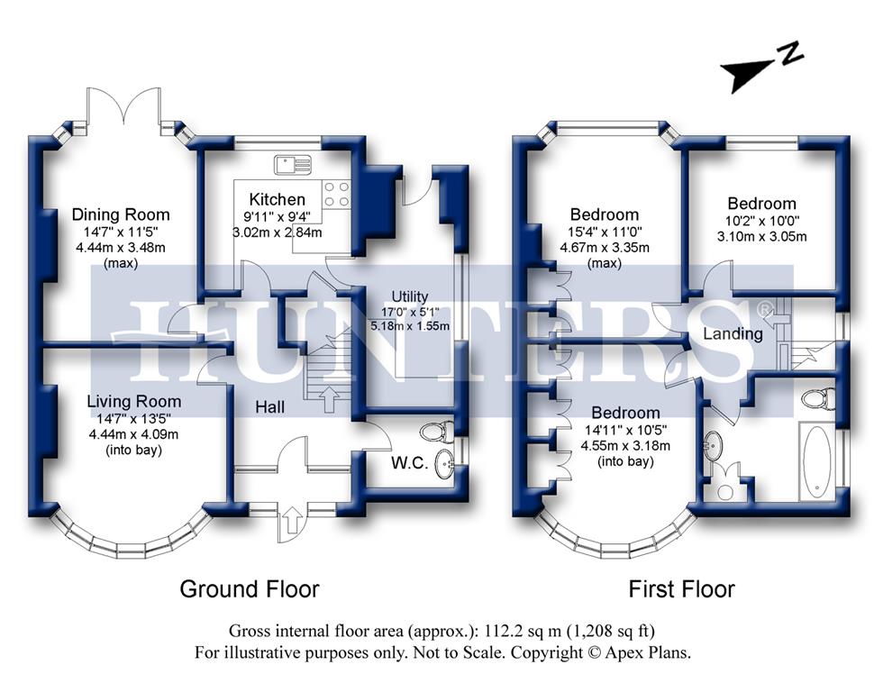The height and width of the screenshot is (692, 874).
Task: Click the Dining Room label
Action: tap(121, 214)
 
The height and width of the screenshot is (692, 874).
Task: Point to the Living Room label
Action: tap(133, 401)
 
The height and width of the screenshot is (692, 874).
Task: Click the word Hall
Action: tap(269, 407)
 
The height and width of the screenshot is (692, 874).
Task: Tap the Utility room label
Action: tap(409, 296)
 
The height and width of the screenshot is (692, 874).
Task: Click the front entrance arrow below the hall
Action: tap(292, 521)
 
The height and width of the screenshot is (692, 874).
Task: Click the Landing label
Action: tap(733, 333)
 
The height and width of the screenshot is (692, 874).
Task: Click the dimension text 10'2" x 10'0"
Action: tap(762, 221)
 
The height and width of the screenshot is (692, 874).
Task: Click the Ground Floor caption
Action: tap(250, 589)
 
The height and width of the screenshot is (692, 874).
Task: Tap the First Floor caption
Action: tap(681, 589)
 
